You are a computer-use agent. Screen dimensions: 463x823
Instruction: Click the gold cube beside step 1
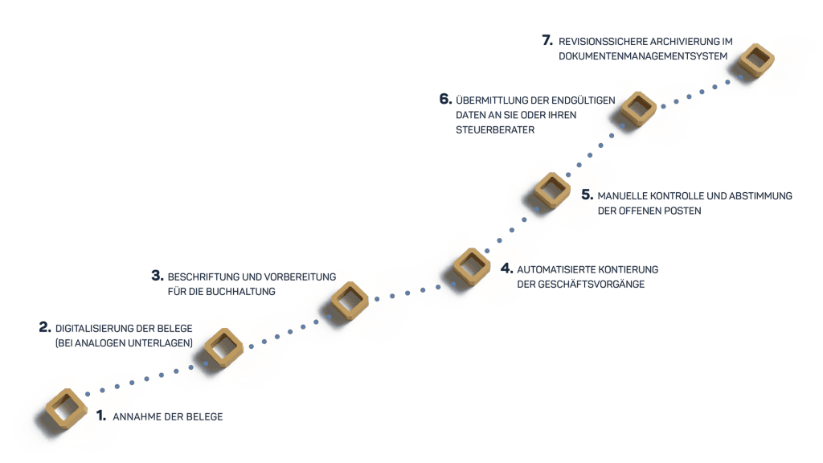tap(67, 408)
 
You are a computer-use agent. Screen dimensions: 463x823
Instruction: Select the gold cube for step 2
tap(224, 347)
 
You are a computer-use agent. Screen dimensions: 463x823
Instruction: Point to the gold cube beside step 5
tap(552, 191)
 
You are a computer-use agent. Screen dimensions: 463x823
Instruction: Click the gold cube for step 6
tap(639, 109)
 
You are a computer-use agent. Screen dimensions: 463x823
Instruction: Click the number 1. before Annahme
tap(101, 416)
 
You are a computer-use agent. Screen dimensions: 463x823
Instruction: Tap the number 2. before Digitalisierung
tap(45, 327)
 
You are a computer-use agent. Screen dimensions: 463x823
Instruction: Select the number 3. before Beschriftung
tap(158, 276)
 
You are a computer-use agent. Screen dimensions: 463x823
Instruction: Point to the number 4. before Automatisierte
tap(506, 268)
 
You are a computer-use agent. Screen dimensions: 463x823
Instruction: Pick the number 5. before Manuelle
tap(587, 195)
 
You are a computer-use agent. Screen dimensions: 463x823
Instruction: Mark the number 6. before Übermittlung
tap(445, 100)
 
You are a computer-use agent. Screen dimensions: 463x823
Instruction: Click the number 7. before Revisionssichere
tap(547, 40)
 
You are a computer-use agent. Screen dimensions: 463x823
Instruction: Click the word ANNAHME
tap(137, 416)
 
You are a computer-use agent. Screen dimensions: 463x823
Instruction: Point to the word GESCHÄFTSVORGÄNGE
tap(596, 284)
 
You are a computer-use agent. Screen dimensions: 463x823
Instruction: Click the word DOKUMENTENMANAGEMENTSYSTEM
tap(641, 56)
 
